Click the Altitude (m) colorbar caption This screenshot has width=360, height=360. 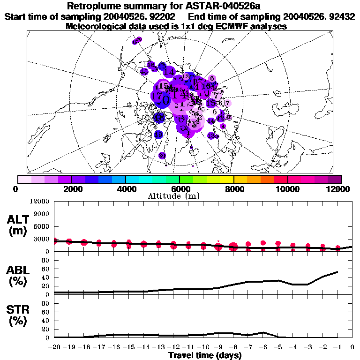[180, 196]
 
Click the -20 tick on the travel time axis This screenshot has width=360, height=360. [54, 347]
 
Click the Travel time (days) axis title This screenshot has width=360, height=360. [205, 356]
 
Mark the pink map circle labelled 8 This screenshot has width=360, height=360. [212, 79]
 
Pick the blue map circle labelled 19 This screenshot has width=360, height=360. [158, 135]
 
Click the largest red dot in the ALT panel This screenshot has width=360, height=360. [233, 247]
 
